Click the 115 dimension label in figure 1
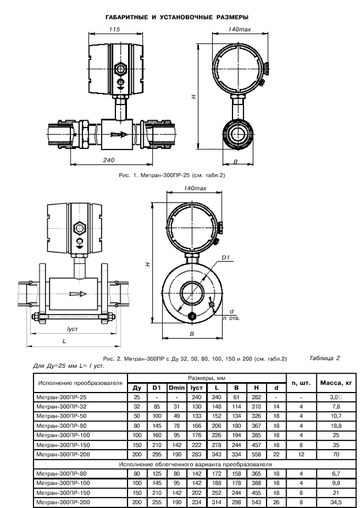click(x=114, y=29)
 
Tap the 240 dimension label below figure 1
click(x=109, y=160)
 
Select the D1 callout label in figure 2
click(x=226, y=257)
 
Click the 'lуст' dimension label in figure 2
click(x=73, y=329)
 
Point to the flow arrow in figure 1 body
click(x=119, y=134)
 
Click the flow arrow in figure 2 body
click(x=78, y=294)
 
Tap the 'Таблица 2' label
click(x=324, y=358)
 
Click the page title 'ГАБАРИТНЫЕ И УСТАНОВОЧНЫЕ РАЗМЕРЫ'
click(x=177, y=17)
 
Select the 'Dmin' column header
click(x=177, y=387)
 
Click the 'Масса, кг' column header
click(x=336, y=383)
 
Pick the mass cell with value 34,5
click(x=336, y=502)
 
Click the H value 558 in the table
click(x=256, y=454)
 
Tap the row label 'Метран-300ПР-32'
click(x=62, y=406)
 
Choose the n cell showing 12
click(x=301, y=454)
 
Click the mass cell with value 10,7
click(x=336, y=416)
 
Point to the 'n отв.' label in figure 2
click(x=231, y=318)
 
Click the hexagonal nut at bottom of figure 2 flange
click(x=192, y=316)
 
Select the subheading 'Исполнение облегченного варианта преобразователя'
click(x=195, y=464)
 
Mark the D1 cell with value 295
click(x=157, y=454)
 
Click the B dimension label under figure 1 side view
click(x=235, y=161)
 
